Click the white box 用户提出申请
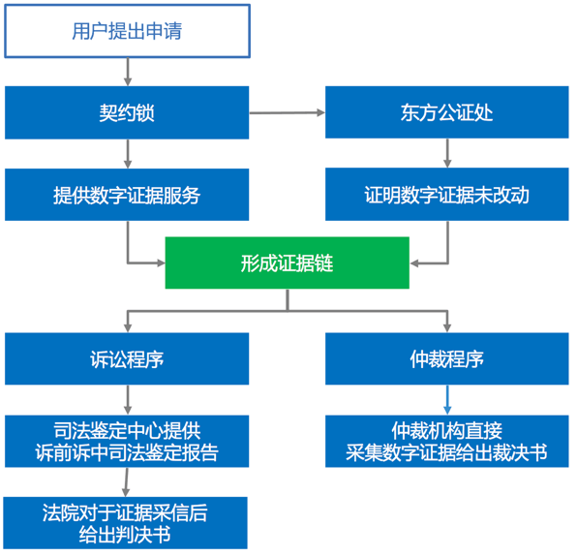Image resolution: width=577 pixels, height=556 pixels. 128,31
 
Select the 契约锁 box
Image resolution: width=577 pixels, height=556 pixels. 127,112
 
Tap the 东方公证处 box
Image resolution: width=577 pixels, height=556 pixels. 447,112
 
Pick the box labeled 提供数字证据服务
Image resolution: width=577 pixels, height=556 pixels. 127,195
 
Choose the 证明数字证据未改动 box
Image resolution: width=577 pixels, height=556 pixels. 447,195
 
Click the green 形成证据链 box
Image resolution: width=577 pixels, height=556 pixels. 288,263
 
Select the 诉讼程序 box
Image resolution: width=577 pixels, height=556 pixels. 127,359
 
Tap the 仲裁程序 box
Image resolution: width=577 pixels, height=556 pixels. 447,359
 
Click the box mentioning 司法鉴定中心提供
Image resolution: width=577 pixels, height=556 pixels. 127,442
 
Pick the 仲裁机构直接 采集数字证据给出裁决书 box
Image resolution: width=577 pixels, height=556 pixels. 447,442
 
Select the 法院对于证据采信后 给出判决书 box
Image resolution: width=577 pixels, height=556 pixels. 126,523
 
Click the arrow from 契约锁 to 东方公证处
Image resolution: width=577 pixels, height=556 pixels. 288,112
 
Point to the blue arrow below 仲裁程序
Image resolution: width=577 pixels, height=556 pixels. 447,400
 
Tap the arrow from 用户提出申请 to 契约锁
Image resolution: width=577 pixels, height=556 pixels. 128,73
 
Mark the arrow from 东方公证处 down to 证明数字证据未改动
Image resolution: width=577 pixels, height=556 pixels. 447,153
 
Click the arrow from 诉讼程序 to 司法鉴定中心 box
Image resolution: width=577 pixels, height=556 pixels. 128,400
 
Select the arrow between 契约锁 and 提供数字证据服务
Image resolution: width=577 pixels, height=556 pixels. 128,154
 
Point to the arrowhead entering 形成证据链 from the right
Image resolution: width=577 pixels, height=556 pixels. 414,263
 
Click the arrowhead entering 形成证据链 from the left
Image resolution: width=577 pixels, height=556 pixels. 161,263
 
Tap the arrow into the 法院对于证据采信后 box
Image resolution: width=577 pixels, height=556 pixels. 126,482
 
